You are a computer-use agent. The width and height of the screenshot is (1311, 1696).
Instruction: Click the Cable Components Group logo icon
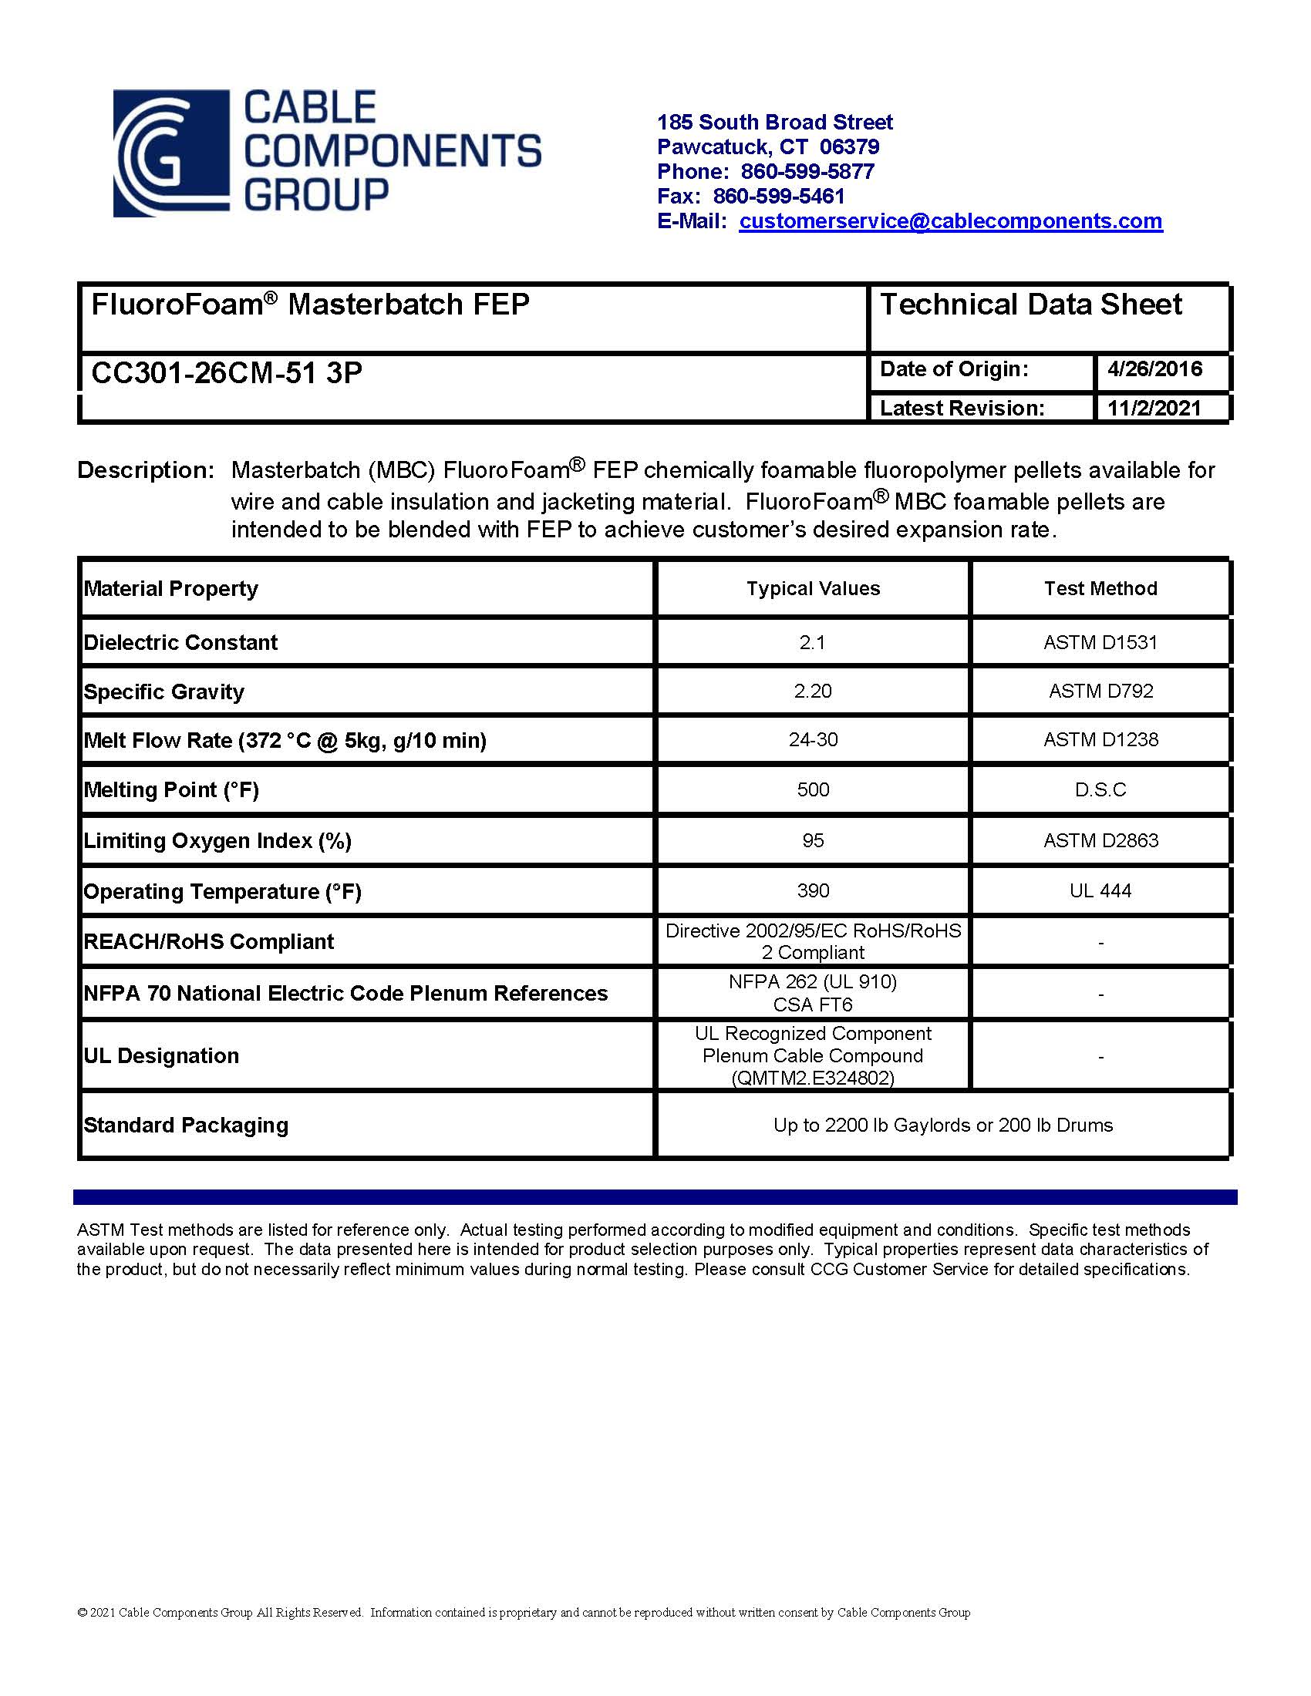tap(172, 153)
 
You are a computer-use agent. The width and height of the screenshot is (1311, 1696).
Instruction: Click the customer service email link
tap(950, 221)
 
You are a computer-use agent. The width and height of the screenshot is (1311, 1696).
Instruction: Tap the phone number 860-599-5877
tap(807, 172)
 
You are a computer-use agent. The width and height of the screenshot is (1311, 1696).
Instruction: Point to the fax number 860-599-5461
tap(778, 197)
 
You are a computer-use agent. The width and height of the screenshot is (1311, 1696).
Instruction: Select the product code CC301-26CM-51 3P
tap(227, 374)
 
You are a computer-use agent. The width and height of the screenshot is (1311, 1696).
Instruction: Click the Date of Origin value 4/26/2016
tap(1155, 368)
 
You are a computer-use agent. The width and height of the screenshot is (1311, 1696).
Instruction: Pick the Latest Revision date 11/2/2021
tap(1154, 408)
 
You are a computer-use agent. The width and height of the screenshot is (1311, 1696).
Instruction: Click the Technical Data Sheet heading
tap(1030, 305)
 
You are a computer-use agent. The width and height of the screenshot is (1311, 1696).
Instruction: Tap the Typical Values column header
tap(813, 589)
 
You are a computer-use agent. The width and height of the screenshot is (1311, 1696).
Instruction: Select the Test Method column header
tap(1100, 589)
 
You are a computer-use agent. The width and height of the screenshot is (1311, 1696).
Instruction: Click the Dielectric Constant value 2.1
tap(812, 642)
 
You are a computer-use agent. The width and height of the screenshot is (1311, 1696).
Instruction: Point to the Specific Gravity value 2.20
tap(812, 692)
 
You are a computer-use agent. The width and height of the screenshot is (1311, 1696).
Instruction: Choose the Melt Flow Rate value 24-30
tap(812, 739)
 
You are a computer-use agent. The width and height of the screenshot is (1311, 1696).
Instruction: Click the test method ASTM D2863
tap(1100, 840)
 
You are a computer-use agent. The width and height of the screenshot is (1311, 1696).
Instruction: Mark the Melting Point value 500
tap(812, 789)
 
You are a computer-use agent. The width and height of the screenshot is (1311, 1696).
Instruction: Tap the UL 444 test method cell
tap(1100, 890)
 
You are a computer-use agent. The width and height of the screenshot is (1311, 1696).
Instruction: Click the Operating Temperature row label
tap(223, 891)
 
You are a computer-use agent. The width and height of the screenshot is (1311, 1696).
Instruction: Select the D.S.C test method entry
tap(1100, 789)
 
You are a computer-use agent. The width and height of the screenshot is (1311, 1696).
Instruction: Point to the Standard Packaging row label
tap(186, 1126)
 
